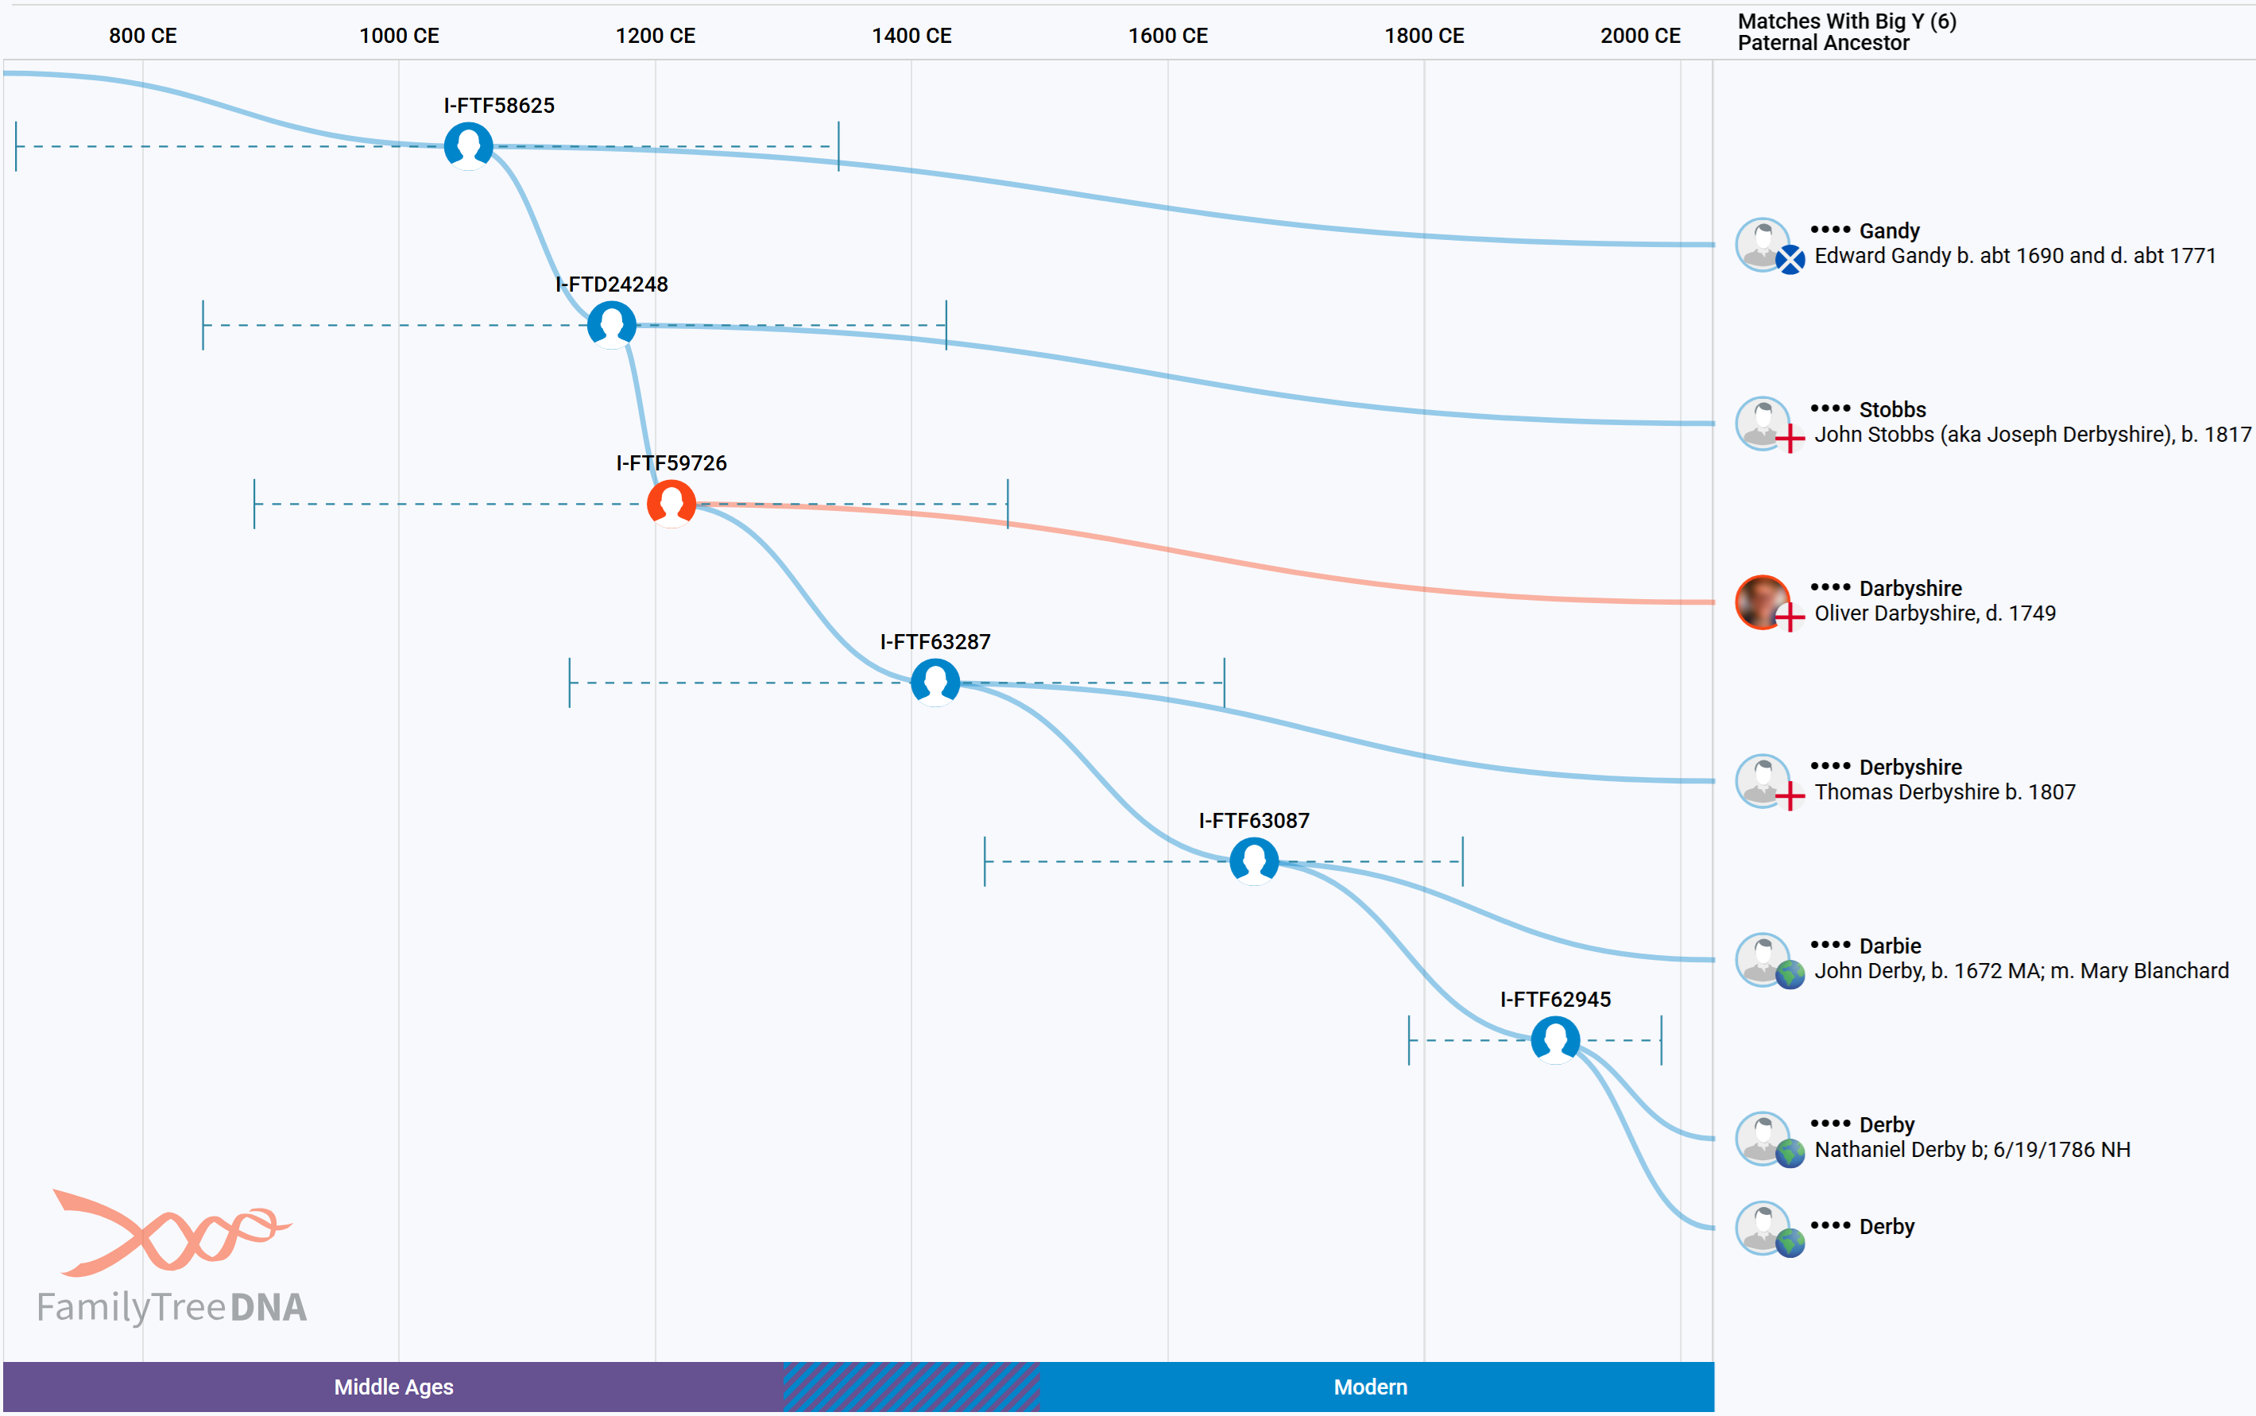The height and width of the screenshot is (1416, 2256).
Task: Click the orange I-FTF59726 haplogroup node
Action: point(671,504)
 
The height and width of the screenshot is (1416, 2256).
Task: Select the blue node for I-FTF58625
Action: point(468,146)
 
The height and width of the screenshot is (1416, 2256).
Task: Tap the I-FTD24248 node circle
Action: point(612,325)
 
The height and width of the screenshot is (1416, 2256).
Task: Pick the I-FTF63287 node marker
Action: point(935,682)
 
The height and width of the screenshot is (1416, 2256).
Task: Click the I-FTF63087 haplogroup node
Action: point(1253,861)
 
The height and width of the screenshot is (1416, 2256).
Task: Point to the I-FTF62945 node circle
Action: point(1554,1039)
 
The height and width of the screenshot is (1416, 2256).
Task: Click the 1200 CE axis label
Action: point(655,36)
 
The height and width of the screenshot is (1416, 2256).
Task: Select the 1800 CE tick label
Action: point(1423,36)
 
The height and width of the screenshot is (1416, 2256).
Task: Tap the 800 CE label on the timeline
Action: point(142,36)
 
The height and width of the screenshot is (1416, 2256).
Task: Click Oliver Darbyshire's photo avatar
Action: point(1762,602)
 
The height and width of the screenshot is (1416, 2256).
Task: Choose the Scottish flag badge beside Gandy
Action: point(1790,259)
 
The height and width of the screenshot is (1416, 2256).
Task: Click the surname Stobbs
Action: point(1892,409)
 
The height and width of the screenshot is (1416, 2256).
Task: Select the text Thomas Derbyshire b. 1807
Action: point(1944,792)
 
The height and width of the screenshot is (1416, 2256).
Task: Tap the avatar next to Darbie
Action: point(1762,958)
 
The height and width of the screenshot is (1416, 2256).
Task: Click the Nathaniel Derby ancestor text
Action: point(1972,1150)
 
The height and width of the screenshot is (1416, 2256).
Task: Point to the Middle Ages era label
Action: point(393,1387)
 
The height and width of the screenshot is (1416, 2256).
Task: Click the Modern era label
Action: point(1370,1387)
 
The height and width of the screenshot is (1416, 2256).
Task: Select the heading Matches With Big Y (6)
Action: point(1846,21)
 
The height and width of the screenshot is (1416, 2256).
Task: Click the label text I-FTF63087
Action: point(1253,820)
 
